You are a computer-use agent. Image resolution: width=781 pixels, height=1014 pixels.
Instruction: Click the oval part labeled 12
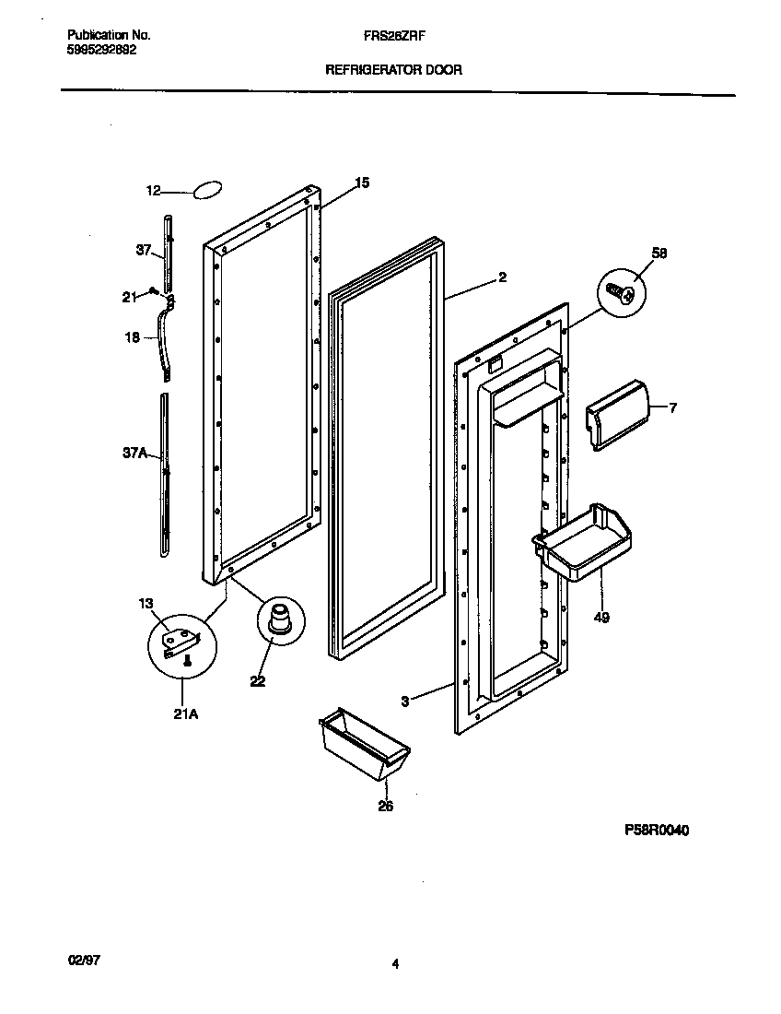click(207, 190)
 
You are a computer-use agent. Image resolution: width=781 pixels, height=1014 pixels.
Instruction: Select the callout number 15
click(362, 183)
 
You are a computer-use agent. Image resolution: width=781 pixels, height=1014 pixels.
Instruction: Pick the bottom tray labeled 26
click(363, 744)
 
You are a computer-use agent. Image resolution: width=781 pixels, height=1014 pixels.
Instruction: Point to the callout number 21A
click(186, 712)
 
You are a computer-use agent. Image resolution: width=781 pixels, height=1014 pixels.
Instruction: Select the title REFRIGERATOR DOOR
click(393, 69)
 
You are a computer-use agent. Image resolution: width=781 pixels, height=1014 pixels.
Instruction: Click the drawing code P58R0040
click(657, 831)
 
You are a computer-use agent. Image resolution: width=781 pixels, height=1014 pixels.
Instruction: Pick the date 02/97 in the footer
click(83, 960)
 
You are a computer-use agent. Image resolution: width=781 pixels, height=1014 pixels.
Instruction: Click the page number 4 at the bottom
click(394, 965)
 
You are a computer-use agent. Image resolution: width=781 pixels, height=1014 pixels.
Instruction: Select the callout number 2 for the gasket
click(502, 277)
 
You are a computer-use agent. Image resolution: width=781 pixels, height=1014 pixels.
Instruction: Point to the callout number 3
click(405, 702)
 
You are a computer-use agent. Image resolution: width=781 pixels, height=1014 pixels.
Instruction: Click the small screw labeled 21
click(154, 293)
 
